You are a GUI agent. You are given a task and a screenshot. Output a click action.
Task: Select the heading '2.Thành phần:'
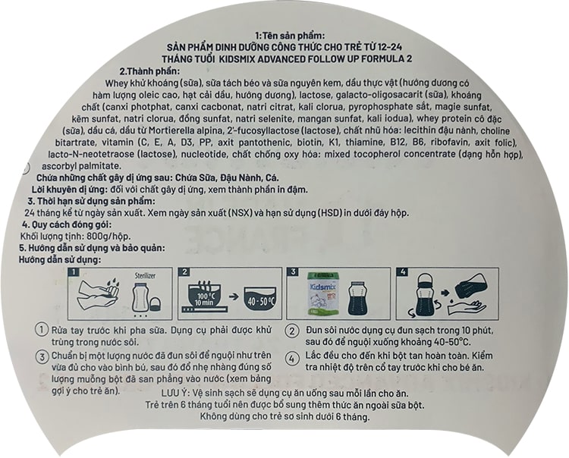[x=150, y=71]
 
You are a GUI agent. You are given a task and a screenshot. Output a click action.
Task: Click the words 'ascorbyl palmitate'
[x=81, y=167]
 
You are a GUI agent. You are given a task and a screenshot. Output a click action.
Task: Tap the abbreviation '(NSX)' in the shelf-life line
[x=240, y=213]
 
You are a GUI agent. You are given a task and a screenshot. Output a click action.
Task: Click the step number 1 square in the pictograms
[x=74, y=271]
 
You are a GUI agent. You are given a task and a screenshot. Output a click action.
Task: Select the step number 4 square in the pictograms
[x=402, y=271]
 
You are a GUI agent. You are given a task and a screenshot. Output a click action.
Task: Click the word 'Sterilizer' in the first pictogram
[x=145, y=275]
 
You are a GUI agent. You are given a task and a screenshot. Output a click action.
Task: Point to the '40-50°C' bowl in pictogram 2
[x=260, y=300]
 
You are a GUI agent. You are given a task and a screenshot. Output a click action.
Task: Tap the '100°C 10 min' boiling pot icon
[x=206, y=296]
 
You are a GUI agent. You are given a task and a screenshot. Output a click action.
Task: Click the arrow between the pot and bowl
[x=234, y=296]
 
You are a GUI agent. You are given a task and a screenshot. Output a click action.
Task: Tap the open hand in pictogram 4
[x=467, y=309]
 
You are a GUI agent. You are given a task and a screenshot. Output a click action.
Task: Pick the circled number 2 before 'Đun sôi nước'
[x=292, y=331]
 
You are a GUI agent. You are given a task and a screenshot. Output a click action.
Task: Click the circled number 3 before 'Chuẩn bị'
[x=42, y=357]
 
